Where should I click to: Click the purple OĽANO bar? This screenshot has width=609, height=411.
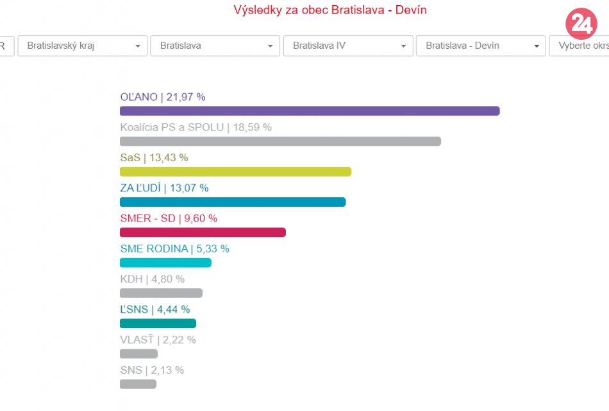(310, 111)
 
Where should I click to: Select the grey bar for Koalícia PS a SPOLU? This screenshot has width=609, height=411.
(280, 141)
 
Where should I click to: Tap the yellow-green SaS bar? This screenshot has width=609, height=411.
(235, 171)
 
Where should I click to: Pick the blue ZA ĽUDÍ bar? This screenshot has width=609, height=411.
(233, 202)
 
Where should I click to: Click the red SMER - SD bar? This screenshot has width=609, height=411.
(203, 232)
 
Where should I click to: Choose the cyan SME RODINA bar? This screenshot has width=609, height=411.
(165, 263)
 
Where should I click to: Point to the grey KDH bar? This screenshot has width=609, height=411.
(161, 293)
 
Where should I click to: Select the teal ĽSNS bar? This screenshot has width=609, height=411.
(158, 324)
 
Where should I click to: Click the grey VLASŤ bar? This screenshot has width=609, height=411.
(138, 354)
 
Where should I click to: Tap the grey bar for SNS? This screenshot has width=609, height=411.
(138, 384)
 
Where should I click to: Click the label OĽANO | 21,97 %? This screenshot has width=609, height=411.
(163, 97)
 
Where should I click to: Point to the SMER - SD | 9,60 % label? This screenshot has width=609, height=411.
(169, 218)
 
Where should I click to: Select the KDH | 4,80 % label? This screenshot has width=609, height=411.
(152, 279)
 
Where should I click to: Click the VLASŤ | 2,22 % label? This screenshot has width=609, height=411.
(158, 340)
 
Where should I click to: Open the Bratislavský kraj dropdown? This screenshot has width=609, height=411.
(83, 46)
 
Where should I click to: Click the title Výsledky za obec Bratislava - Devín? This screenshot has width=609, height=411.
(330, 10)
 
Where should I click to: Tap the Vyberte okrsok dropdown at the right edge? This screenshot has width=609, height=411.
(580, 46)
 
